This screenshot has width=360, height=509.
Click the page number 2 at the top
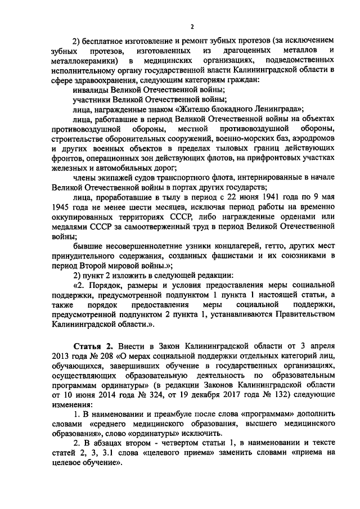[x=192, y=26]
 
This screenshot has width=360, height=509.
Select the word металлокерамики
[x=84, y=60]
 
